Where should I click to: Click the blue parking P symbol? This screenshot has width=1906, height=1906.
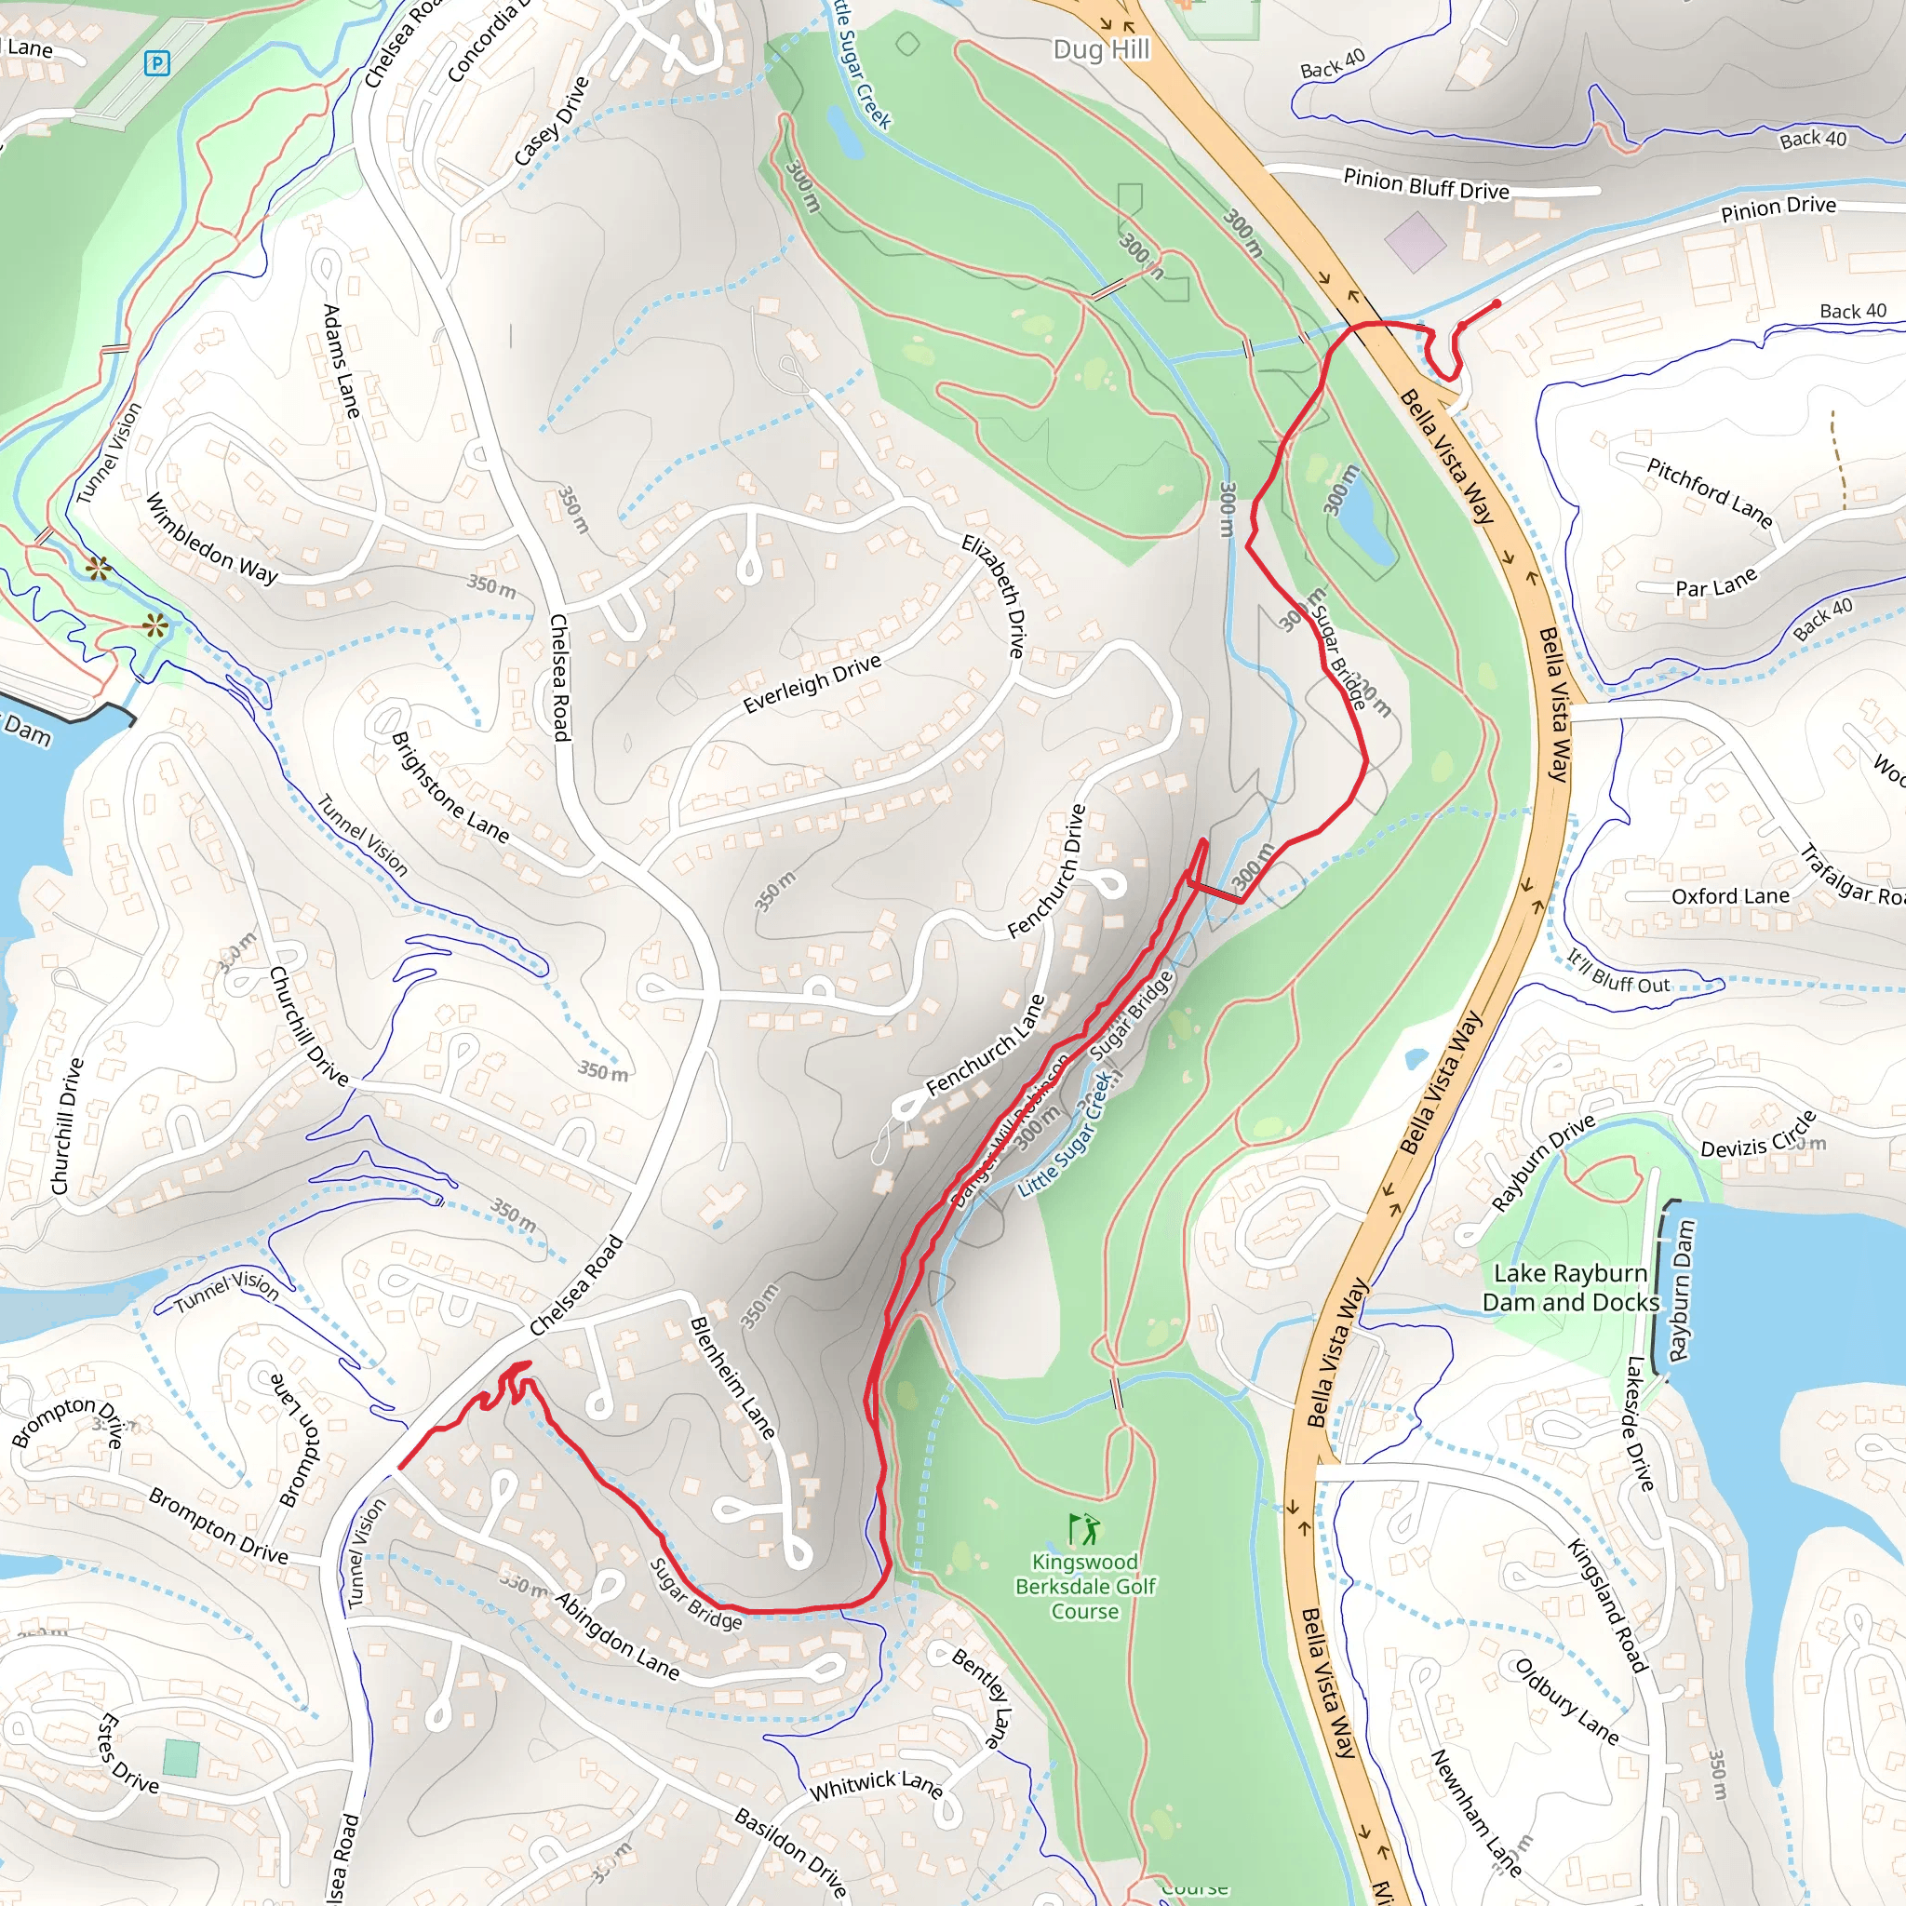tap(155, 64)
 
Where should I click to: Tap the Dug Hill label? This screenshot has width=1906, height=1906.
tap(1101, 49)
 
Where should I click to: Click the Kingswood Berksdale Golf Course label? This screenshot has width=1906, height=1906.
tap(1084, 1587)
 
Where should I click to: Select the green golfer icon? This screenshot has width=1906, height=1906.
tap(1083, 1530)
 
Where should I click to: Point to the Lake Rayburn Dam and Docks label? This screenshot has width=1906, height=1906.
tap(1571, 1287)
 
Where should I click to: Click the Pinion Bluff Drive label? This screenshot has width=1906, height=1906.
tap(1426, 184)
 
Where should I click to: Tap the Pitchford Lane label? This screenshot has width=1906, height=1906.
tap(1709, 491)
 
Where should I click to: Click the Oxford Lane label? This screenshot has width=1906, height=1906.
tap(1729, 896)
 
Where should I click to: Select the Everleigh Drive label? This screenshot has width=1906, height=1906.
tap(811, 684)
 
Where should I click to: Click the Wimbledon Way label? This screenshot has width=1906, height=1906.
tap(211, 539)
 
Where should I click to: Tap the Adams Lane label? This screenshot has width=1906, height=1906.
tap(342, 361)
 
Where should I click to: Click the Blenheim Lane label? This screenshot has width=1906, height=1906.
tap(732, 1377)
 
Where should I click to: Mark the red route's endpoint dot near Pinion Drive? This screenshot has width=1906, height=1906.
tap(1497, 303)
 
